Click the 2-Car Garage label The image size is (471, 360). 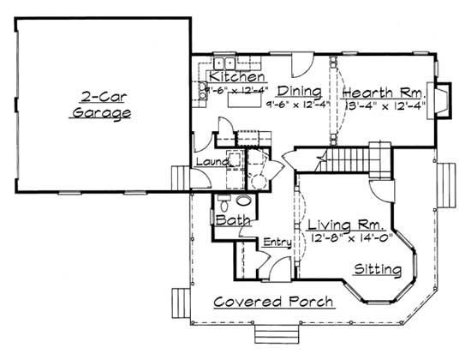pos(101,104)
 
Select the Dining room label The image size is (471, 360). pos(299,92)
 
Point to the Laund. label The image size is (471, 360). pos(211,161)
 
